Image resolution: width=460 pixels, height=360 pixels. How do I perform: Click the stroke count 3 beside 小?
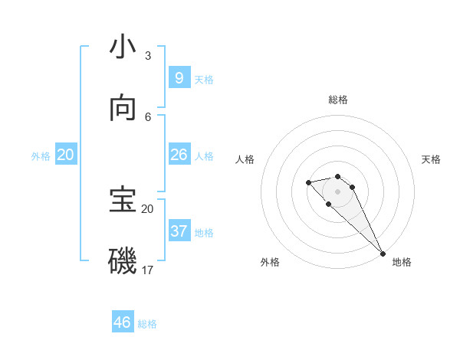pyautogui.click(x=147, y=56)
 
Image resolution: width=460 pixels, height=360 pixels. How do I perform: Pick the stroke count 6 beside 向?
pyautogui.click(x=148, y=116)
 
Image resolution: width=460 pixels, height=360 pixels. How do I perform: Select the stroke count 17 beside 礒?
pyautogui.click(x=147, y=270)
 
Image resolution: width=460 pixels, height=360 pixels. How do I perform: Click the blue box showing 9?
pyautogui.click(x=179, y=77)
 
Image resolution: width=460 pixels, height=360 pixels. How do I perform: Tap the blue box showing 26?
pyautogui.click(x=179, y=155)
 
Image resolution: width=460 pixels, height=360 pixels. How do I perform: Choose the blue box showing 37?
pyautogui.click(x=179, y=231)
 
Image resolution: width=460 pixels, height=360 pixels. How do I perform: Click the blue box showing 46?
pyautogui.click(x=123, y=322)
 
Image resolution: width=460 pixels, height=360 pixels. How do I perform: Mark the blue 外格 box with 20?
pyautogui.click(x=66, y=155)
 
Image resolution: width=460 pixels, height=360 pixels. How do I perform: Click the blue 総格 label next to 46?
pyautogui.click(x=147, y=324)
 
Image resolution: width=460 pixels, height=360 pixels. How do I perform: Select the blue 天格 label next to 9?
pyautogui.click(x=204, y=79)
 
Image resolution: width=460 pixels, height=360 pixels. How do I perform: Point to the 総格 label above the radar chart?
pyautogui.click(x=338, y=100)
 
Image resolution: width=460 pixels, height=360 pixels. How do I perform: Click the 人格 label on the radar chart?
pyautogui.click(x=245, y=159)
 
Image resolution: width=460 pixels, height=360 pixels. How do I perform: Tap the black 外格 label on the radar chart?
pyautogui.click(x=270, y=262)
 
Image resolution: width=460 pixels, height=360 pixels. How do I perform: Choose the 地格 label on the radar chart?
pyautogui.click(x=402, y=262)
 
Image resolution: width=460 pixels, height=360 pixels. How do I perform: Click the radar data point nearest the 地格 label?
pyautogui.click(x=382, y=253)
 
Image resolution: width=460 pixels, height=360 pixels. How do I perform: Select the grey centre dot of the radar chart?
pyautogui.click(x=338, y=191)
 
